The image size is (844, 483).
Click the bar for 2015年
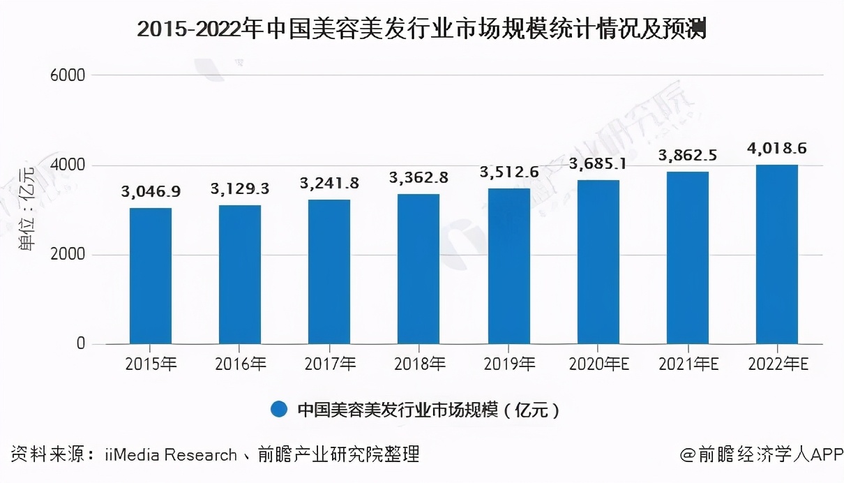150,276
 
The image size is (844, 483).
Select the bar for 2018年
419,269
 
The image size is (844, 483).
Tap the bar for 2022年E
776,254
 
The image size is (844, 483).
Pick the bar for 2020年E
598,262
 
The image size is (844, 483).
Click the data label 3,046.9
151,191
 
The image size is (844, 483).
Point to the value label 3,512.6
508,171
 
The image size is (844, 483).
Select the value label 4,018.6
776,148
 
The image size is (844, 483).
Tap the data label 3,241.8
329,183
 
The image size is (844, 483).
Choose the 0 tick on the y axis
80,344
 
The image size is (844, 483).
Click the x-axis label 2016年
240,364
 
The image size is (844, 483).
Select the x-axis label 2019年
508,364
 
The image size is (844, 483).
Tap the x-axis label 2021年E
687,364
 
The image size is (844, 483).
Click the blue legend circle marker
279,410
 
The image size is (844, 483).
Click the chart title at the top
421,30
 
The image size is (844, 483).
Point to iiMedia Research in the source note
171,456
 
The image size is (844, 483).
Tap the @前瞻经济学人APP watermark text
762,456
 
